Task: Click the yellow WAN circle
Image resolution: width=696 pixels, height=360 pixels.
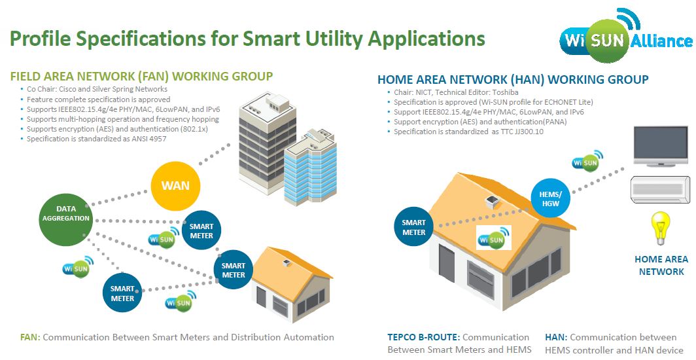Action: [175, 185]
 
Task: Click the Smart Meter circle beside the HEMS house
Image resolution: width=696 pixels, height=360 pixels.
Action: [413, 227]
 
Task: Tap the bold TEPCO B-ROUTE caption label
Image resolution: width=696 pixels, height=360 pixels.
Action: [423, 337]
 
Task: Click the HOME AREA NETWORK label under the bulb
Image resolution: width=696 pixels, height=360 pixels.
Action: [661, 265]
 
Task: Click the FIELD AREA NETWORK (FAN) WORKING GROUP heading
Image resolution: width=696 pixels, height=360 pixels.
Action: [141, 76]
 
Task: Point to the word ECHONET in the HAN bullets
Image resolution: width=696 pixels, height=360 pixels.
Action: [553, 102]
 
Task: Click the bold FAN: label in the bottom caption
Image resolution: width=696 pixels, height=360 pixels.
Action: [30, 337]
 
